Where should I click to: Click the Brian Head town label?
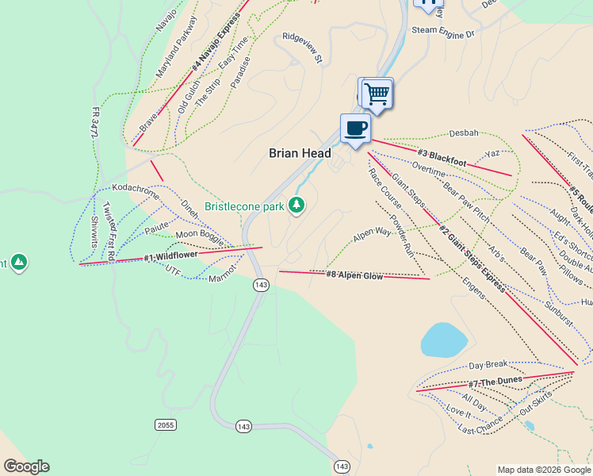click(x=300, y=154)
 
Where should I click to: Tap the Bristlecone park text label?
click(x=244, y=206)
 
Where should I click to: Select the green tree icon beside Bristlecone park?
click(x=296, y=205)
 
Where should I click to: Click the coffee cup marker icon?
click(x=355, y=129)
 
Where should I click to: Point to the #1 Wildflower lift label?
click(x=170, y=256)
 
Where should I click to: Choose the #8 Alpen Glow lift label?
click(x=354, y=275)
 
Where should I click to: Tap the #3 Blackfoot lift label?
click(x=442, y=156)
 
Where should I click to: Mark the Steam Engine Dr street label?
click(x=442, y=33)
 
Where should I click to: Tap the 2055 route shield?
click(x=165, y=425)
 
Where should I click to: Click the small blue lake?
click(x=442, y=340)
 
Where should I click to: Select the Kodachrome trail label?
click(x=136, y=193)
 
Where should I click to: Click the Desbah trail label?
click(x=464, y=133)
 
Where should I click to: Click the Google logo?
click(x=26, y=466)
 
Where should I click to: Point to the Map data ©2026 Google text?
click(x=544, y=470)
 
